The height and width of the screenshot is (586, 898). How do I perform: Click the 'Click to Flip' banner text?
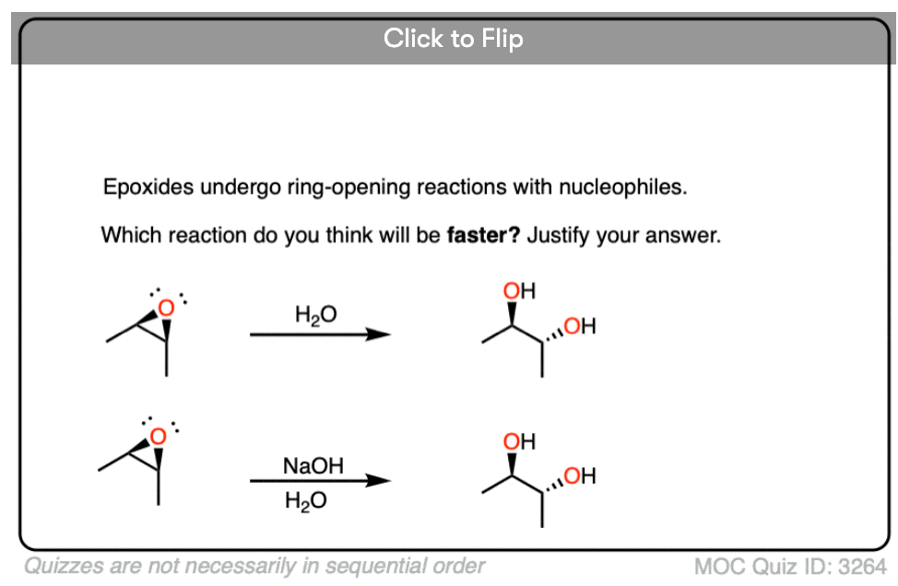[453, 39]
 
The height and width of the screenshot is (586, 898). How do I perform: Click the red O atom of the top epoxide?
[165, 308]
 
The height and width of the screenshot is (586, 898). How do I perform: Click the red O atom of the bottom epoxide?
[159, 435]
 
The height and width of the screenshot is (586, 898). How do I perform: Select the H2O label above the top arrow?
[316, 315]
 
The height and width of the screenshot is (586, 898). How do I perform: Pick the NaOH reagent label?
[313, 466]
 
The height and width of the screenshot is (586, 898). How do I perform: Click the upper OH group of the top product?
[519, 292]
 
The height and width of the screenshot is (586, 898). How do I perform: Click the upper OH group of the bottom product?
[519, 442]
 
